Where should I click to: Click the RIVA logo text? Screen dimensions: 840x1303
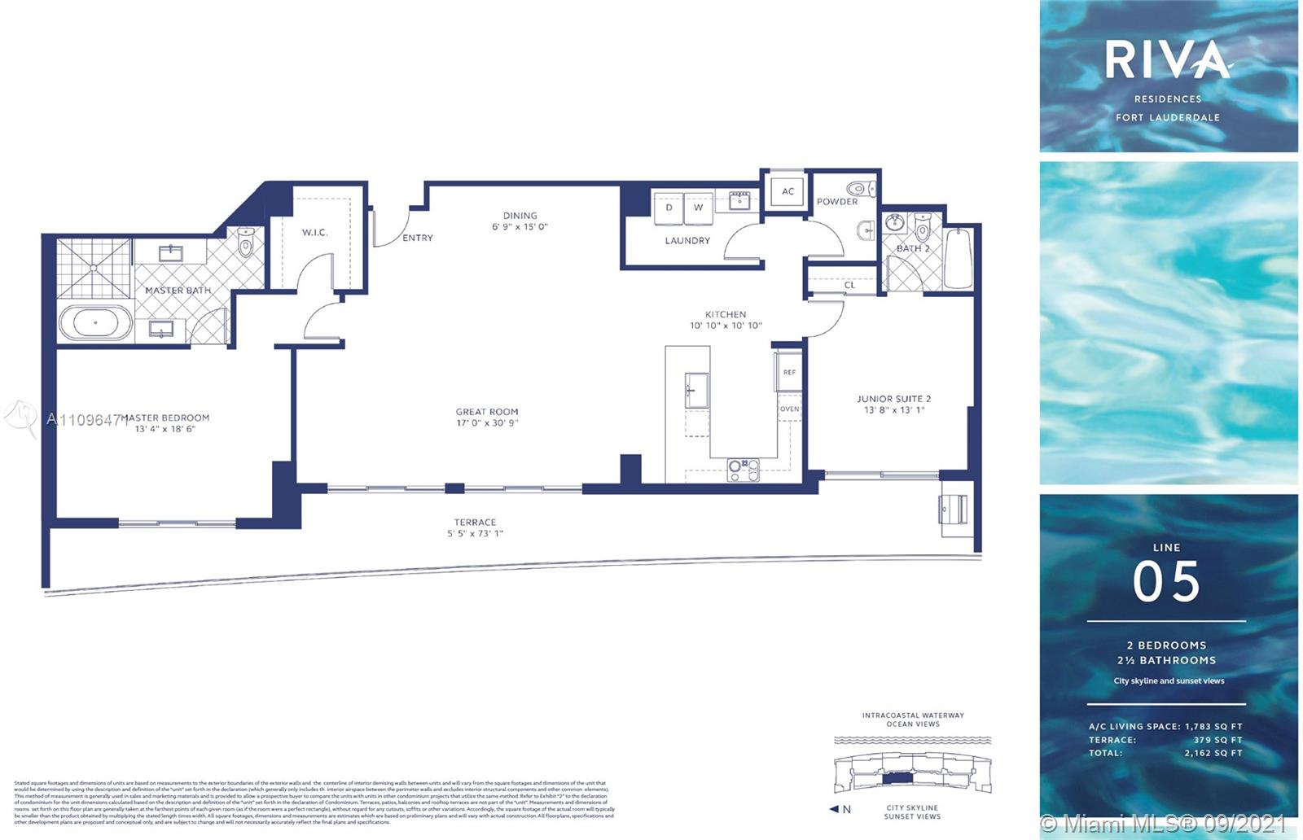(x=1167, y=60)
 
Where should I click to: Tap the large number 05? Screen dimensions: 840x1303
(x=1166, y=581)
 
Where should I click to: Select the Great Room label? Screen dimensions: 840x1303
(x=487, y=412)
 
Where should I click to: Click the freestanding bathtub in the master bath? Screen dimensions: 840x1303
(x=95, y=323)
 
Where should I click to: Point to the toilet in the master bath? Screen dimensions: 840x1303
(x=246, y=242)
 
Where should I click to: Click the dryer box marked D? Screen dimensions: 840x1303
(x=669, y=208)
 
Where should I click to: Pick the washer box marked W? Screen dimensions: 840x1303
(x=698, y=208)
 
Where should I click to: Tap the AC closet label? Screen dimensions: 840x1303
(x=788, y=191)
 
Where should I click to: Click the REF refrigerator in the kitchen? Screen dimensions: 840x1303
(x=788, y=372)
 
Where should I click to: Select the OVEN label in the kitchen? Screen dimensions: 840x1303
(x=789, y=409)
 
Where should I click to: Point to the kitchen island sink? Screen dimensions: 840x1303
(x=696, y=391)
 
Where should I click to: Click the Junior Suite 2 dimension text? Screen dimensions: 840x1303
(x=893, y=410)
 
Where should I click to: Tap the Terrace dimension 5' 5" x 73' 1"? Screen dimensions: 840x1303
(x=475, y=534)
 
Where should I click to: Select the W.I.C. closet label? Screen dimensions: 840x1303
(x=314, y=233)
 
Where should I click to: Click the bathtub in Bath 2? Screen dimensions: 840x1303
(x=959, y=259)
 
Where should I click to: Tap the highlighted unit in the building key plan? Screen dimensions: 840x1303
(x=898, y=778)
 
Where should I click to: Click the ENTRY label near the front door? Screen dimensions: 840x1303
(x=418, y=238)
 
